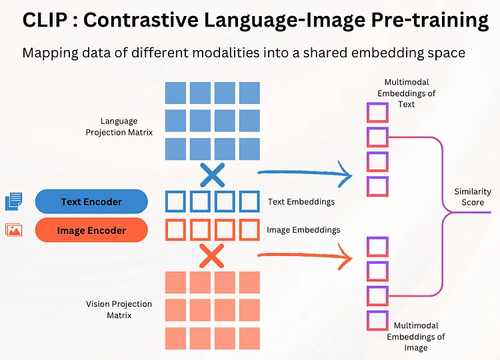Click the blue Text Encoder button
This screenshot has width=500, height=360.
tap(91, 202)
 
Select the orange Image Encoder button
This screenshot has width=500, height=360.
tap(91, 231)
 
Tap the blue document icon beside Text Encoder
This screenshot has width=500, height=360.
tap(13, 201)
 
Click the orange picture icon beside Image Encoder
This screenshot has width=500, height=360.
tap(13, 230)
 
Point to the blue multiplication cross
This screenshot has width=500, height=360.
tap(212, 175)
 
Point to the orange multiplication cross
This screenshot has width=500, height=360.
tap(212, 256)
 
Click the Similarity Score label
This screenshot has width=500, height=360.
tap(473, 197)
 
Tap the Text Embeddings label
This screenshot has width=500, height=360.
tap(301, 201)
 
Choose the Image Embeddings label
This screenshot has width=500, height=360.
tap(303, 230)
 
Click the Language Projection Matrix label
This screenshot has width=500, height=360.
tap(119, 127)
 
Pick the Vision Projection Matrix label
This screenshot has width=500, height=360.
tap(119, 309)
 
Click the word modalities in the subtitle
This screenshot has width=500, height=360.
tap(200, 53)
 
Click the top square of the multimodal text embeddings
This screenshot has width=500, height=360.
tap(377, 111)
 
